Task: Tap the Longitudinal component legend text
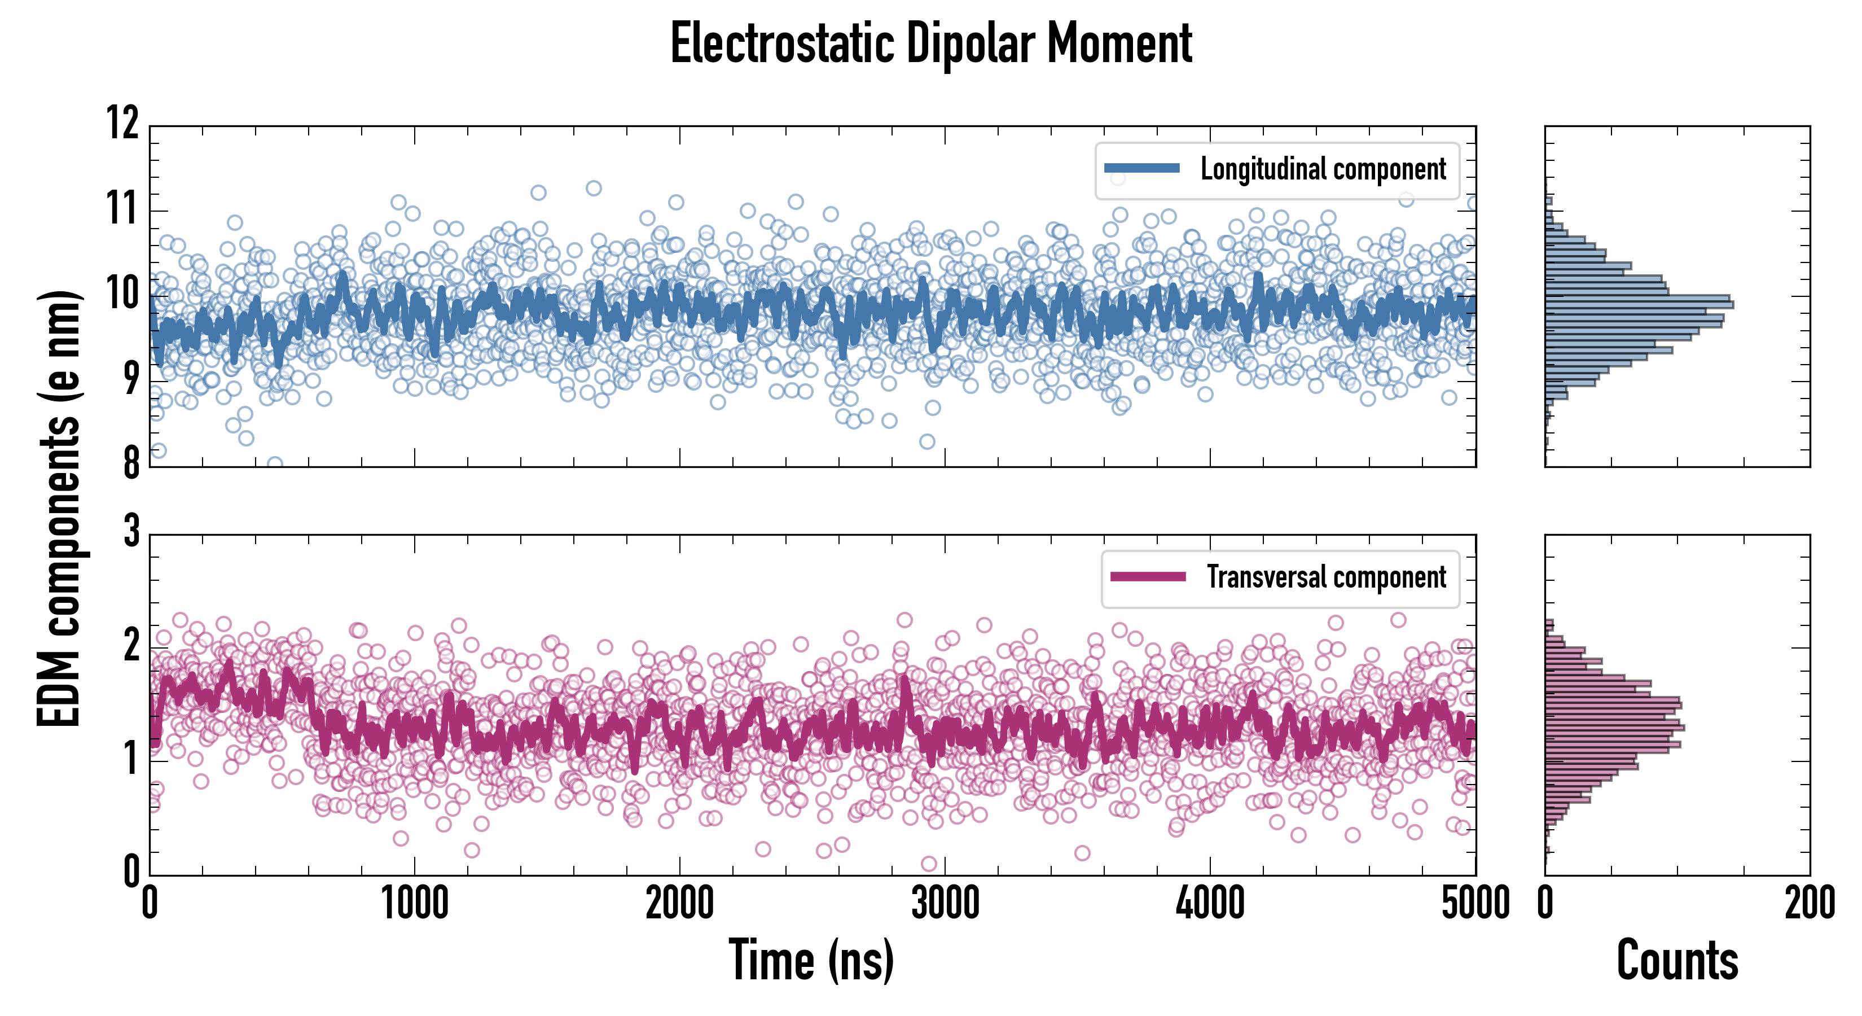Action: [1323, 169]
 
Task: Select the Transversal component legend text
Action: [1327, 577]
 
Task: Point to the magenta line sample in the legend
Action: [1147, 576]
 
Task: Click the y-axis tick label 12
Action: [123, 123]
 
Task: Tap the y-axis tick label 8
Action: [131, 463]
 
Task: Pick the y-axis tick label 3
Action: [131, 532]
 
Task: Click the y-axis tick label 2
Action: [131, 645]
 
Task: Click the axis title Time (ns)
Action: [811, 960]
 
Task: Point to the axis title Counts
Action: [1677, 960]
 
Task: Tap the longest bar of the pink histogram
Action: [1615, 728]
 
